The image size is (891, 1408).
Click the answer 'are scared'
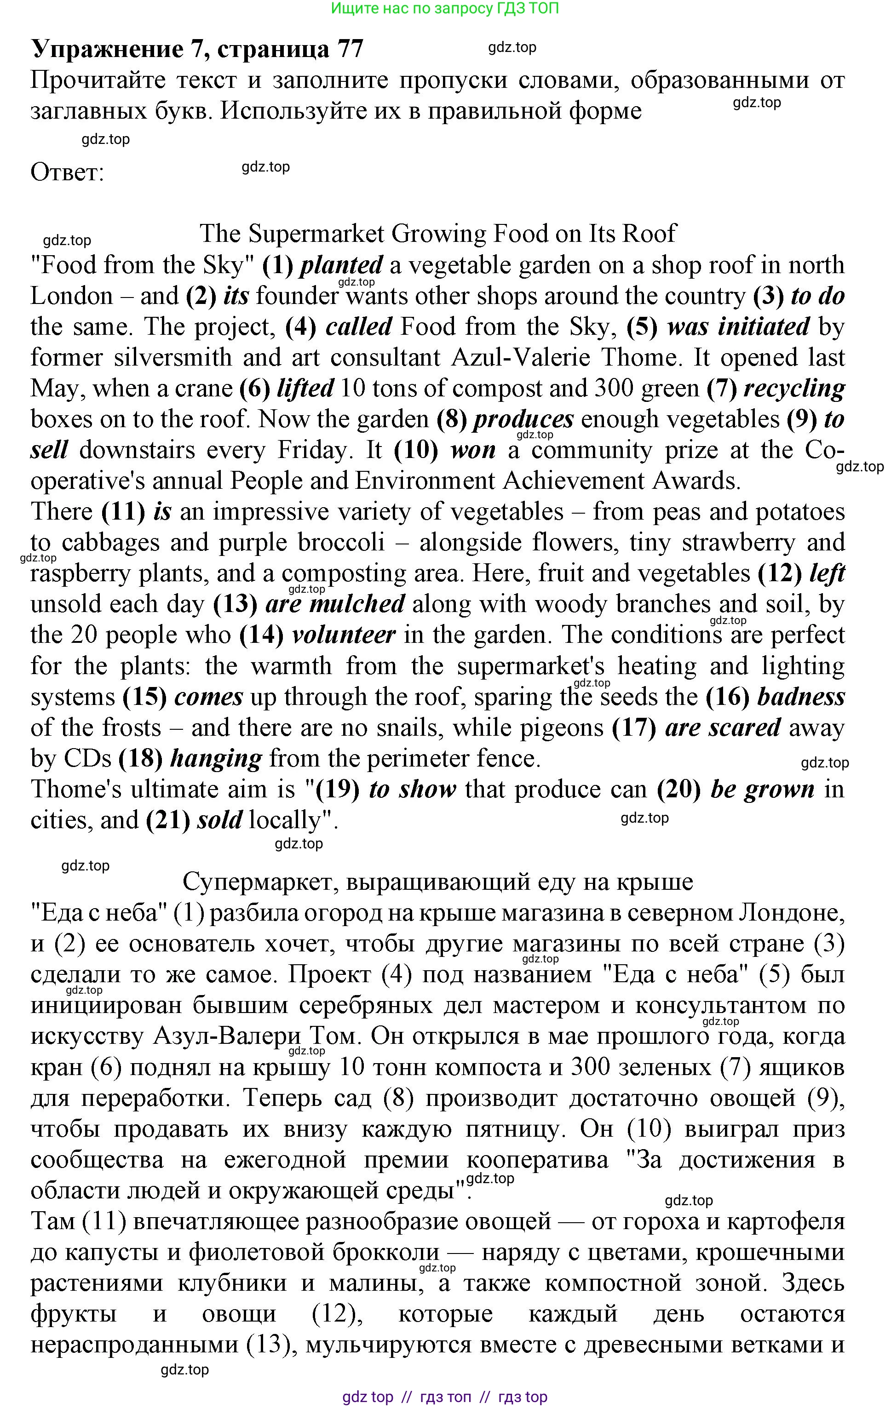(723, 728)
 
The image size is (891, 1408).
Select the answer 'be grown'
(762, 790)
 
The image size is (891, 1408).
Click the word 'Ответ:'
(67, 173)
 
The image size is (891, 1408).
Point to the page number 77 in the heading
(349, 49)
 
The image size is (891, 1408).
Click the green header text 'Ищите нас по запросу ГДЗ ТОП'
(445, 8)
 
